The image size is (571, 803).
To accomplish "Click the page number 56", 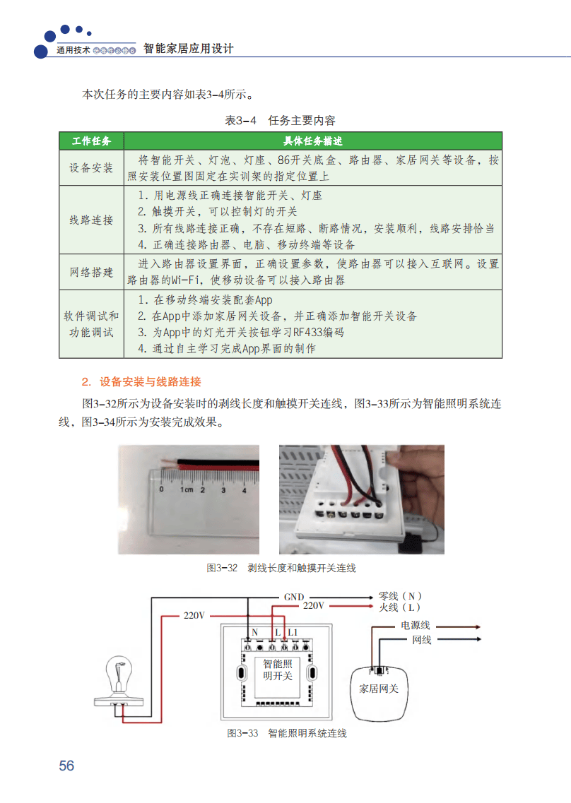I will pyautogui.click(x=66, y=766).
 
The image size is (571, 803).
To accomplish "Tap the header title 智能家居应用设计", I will pyautogui.click(x=188, y=49).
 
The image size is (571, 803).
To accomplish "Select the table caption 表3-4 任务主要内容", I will pyautogui.click(x=280, y=120).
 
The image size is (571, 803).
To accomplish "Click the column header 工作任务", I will pyautogui.click(x=92, y=141).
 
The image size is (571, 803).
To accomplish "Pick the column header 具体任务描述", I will pyautogui.click(x=312, y=141).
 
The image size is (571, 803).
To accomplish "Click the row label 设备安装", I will pyautogui.click(x=92, y=168).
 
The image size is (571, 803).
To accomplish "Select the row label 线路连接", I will pyautogui.click(x=92, y=220).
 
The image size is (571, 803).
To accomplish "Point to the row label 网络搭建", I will pyautogui.click(x=92, y=272).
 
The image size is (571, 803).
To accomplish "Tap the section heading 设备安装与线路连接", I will pyautogui.click(x=150, y=382).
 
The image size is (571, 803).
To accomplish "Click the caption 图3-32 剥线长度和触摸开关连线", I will pyautogui.click(x=281, y=568).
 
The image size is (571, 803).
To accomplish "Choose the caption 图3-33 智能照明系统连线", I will pyautogui.click(x=286, y=733).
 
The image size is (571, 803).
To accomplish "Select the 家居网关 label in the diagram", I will pyautogui.click(x=379, y=688).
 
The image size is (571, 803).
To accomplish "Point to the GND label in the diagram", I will pyautogui.click(x=294, y=597).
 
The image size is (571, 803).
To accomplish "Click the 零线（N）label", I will pyautogui.click(x=401, y=596).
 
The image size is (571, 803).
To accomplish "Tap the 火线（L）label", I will pyautogui.click(x=400, y=607).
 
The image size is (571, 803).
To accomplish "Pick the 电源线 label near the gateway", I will pyautogui.click(x=416, y=625).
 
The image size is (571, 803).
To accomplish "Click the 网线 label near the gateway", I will pyautogui.click(x=421, y=639).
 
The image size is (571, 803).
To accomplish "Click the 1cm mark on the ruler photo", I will pyautogui.click(x=187, y=489).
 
